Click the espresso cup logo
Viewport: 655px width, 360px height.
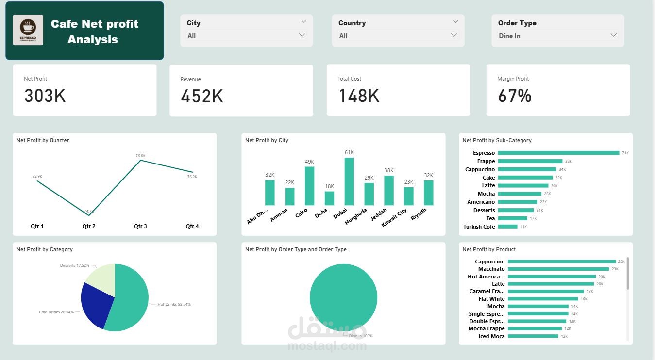28,30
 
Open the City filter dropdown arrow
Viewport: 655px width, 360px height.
302,35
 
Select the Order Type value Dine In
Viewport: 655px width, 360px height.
509,36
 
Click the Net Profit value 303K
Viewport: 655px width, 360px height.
45,96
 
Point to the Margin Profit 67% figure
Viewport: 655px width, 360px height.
515,96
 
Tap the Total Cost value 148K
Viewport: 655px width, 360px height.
359,96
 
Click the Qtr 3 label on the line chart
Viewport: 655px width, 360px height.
140,226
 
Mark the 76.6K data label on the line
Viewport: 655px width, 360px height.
140,156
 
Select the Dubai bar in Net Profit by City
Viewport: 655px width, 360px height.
349,181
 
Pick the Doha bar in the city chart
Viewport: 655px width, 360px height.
329,198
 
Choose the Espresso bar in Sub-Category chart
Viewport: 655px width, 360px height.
558,153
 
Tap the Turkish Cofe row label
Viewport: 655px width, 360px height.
479,227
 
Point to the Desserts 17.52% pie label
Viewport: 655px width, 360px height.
74,265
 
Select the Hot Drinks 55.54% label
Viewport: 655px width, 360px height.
174,304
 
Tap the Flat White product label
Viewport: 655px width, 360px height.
491,299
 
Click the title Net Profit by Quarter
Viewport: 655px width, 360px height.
43,140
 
